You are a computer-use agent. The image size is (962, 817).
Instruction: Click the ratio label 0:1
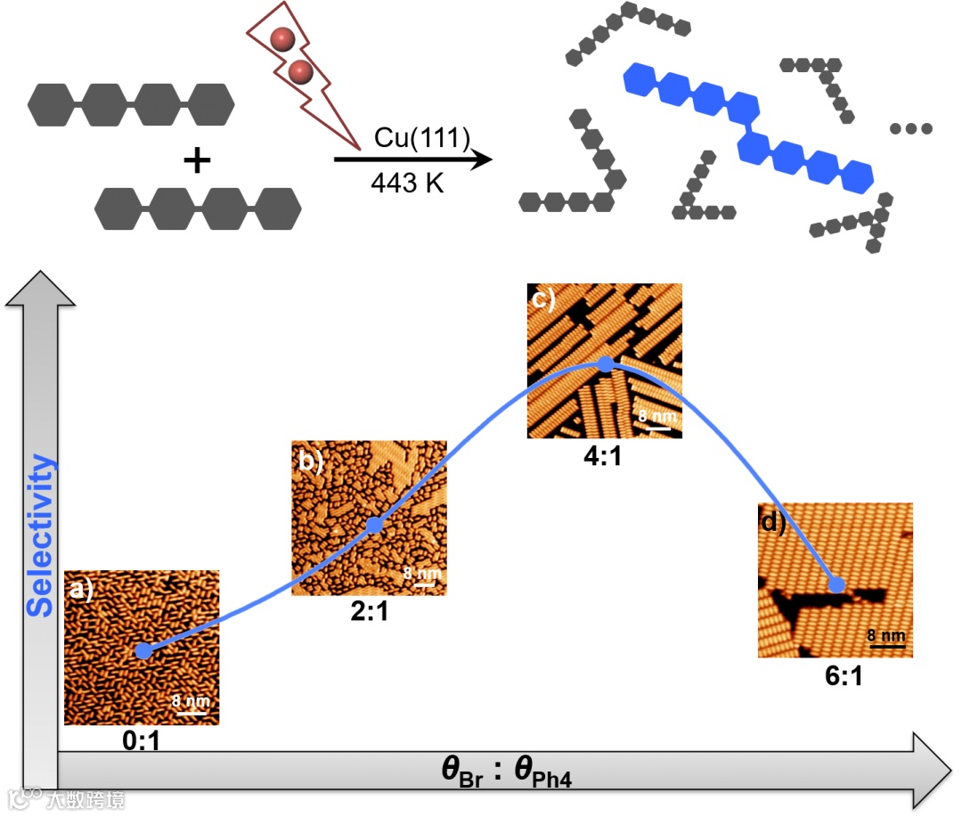(x=141, y=741)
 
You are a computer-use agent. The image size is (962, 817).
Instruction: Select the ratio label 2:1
(x=368, y=612)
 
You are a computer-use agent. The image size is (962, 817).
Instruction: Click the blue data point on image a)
(x=143, y=651)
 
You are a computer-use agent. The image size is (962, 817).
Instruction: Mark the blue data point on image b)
(x=374, y=526)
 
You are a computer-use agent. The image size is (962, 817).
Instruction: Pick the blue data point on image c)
(x=606, y=364)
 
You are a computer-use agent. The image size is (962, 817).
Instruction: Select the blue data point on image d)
(x=836, y=584)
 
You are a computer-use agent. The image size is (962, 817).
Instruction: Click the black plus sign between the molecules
(x=197, y=161)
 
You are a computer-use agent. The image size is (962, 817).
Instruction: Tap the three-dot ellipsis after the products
(x=910, y=129)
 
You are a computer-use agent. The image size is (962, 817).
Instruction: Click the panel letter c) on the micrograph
(x=542, y=298)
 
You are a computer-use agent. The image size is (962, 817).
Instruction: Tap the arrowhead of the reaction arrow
(x=481, y=159)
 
